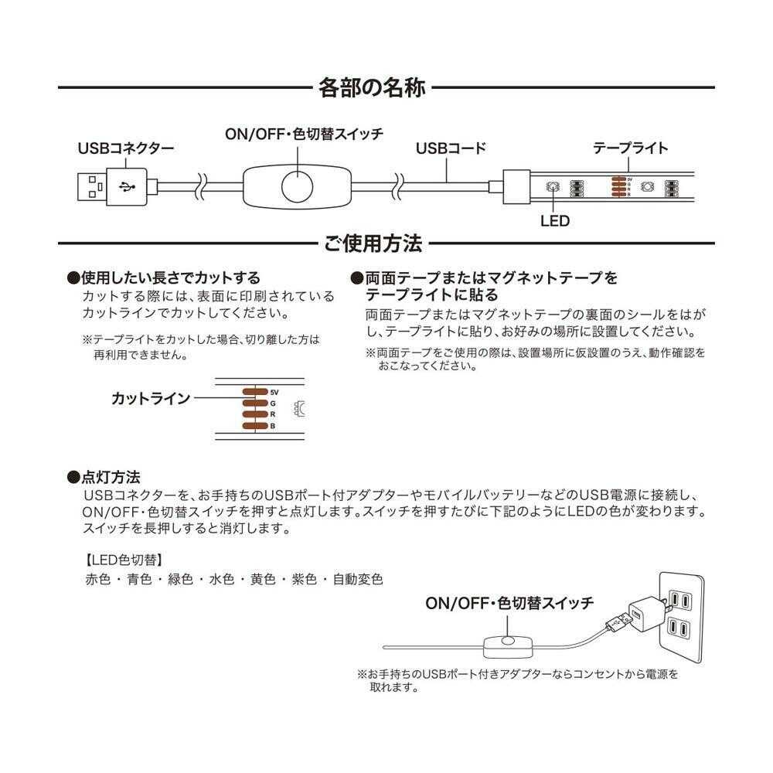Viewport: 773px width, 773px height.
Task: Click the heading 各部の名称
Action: [372, 87]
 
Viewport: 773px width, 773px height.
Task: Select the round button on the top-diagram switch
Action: [298, 186]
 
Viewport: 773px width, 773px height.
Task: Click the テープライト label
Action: [630, 148]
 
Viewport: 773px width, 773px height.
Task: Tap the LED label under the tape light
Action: [554, 221]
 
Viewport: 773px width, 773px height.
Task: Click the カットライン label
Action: [151, 399]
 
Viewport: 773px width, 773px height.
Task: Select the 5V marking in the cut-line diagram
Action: [274, 393]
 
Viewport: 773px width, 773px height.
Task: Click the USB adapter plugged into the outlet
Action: [638, 615]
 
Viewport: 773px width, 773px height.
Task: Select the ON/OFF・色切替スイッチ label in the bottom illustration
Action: [509, 603]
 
